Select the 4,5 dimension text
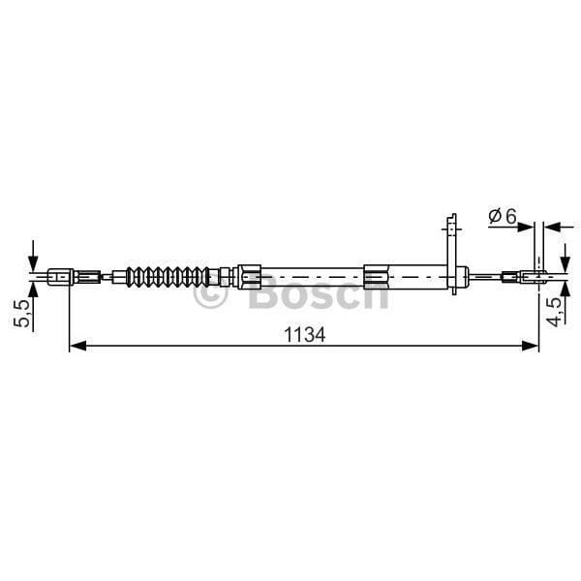tap(553, 314)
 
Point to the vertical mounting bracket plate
tap(450, 252)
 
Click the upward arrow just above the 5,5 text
tap(34, 290)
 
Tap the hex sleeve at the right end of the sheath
tap(378, 277)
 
